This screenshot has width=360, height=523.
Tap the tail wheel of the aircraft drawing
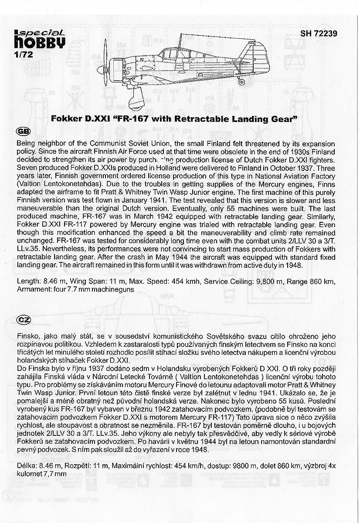pos(242,82)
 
